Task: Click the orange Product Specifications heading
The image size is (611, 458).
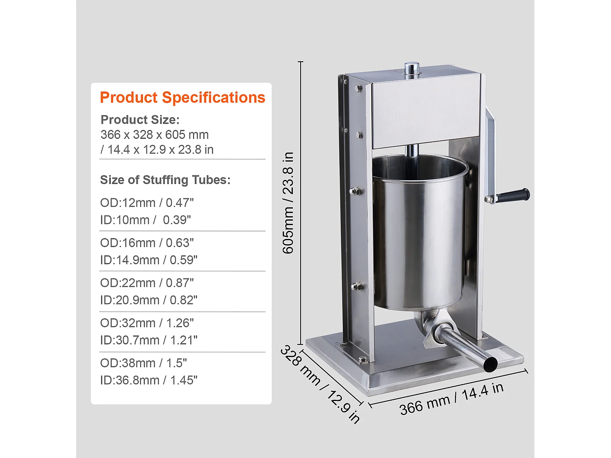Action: [x=182, y=98]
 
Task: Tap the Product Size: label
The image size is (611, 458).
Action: [x=140, y=120]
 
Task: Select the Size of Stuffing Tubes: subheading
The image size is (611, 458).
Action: [x=165, y=180]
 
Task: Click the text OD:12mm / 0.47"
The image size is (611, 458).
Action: [x=147, y=203]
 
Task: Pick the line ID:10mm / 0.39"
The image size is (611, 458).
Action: [x=145, y=220]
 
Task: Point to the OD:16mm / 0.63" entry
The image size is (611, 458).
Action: [x=147, y=243]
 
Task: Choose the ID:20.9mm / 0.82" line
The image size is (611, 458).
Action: [x=149, y=300]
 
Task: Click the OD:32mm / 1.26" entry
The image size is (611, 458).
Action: [x=147, y=323]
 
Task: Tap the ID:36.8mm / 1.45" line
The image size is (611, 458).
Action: [x=149, y=380]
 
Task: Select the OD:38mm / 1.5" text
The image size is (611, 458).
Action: [x=143, y=363]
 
